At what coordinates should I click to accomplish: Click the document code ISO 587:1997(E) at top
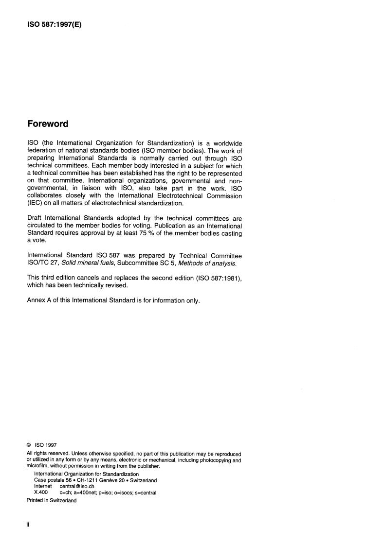coord(54,23)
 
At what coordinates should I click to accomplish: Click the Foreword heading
coord(47,123)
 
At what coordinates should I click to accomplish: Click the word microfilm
coord(37,466)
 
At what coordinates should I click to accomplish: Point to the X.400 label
coord(41,492)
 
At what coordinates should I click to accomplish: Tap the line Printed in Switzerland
coord(52,500)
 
